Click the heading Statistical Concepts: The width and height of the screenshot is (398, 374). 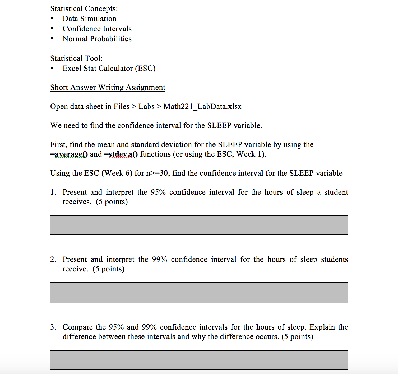(x=84, y=9)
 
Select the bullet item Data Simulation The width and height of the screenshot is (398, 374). (x=89, y=19)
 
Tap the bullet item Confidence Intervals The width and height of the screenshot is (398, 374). (x=97, y=29)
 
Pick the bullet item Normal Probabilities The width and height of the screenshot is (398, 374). (x=97, y=39)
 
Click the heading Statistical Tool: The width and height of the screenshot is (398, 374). (x=76, y=58)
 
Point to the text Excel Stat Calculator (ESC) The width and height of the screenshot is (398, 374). (x=109, y=69)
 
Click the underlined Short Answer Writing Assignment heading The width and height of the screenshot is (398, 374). (x=108, y=88)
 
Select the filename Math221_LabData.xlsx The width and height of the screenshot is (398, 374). (x=202, y=107)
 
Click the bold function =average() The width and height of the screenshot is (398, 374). (x=69, y=154)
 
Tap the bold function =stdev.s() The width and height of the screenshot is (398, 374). (x=121, y=154)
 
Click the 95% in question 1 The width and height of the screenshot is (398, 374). (x=158, y=192)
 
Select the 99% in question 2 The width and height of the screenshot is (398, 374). (x=159, y=259)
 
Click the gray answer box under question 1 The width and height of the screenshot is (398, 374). (x=199, y=225)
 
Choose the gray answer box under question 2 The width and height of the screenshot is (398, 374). (x=199, y=292)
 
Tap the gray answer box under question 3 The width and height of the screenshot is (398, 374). (x=199, y=360)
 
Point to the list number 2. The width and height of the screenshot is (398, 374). (x=53, y=259)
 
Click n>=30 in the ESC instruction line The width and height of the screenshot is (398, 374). (x=158, y=173)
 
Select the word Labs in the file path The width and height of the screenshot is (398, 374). (x=146, y=107)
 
